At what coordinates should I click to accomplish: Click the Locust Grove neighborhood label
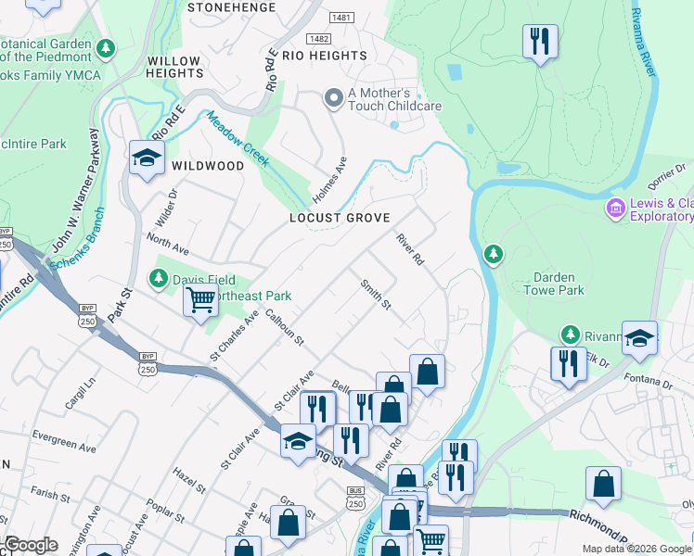[x=339, y=217]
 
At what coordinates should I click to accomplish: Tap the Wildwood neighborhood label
[x=208, y=166]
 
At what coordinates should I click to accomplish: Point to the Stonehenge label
[x=231, y=7]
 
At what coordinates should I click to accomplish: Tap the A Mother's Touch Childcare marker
[x=333, y=97]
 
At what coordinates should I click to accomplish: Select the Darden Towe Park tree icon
[x=494, y=253]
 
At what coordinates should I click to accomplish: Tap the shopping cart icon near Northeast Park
[x=200, y=300]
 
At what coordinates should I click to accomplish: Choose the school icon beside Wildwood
[x=147, y=158]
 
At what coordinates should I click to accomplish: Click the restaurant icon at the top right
[x=539, y=41]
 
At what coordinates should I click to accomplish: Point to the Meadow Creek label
[x=238, y=139]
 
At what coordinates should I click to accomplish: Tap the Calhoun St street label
[x=284, y=327]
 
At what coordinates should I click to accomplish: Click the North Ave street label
[x=168, y=250]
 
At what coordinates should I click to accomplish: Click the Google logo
[x=30, y=545]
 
